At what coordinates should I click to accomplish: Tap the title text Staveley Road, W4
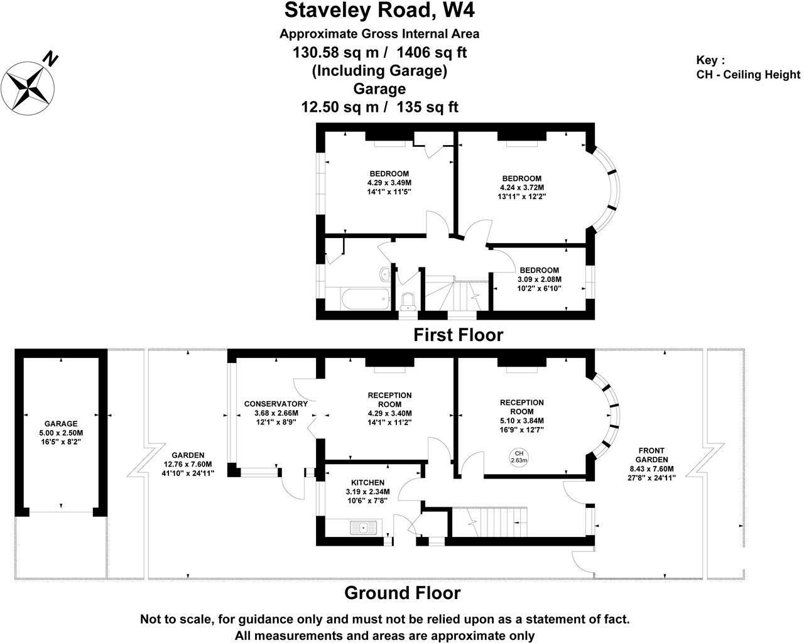coord(384,11)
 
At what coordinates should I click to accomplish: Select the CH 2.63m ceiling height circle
coord(519,457)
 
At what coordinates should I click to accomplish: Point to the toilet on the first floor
coord(408,301)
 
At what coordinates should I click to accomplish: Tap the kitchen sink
coord(363,527)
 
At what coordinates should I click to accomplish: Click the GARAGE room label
coord(60,424)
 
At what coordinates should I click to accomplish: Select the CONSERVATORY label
coord(276,404)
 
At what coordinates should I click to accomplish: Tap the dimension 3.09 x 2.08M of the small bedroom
coord(539,279)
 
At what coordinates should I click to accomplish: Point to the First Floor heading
coord(458,335)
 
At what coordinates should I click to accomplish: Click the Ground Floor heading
coord(402,593)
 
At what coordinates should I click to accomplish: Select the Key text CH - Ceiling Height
coord(748,75)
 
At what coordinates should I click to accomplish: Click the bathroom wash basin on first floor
coord(384,273)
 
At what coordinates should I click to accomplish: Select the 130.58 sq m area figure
coord(336,52)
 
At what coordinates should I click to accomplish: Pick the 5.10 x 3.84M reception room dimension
coord(521,421)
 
